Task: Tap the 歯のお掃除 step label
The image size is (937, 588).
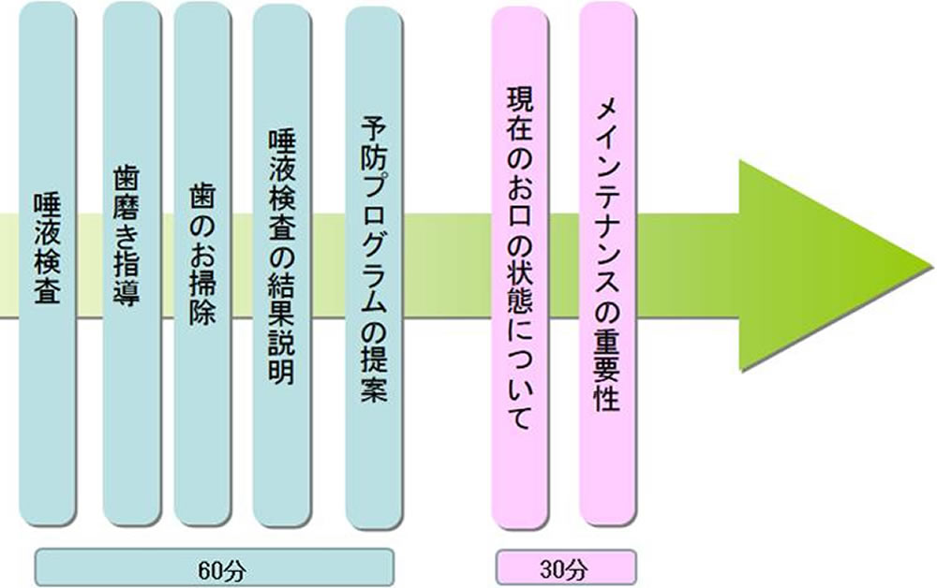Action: pos(202,252)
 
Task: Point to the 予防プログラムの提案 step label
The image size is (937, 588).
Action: pos(374,259)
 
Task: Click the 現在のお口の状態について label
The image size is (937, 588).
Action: pos(518,259)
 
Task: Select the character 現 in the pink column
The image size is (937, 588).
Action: pos(518,102)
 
